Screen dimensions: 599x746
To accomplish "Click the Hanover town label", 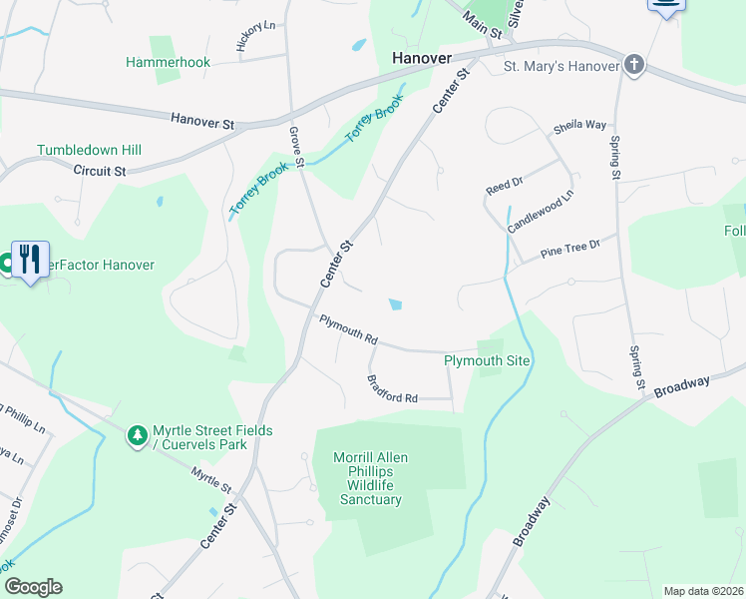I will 422,57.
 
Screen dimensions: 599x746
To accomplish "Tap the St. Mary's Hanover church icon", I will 634,67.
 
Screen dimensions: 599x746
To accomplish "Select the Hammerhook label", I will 169,62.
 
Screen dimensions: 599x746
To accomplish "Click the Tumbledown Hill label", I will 90,150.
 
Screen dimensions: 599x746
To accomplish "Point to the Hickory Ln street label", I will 255,38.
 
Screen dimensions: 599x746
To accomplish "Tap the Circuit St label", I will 100,171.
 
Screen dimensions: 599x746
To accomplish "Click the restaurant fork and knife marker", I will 30,259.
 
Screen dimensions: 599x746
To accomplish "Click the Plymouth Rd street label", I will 348,330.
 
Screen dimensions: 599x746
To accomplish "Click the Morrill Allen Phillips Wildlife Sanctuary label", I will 370,478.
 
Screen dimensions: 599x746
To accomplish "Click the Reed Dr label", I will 504,185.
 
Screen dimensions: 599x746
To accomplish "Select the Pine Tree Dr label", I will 570,249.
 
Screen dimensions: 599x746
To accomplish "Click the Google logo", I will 33,586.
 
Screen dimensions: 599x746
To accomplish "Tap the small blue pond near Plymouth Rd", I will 396,304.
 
